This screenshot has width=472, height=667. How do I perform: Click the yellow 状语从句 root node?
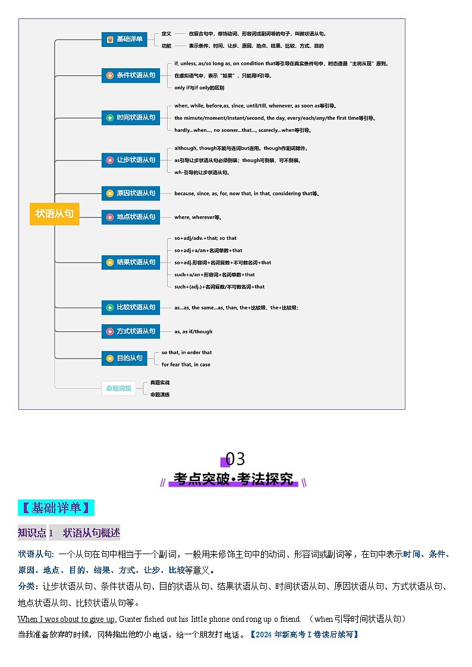click(54, 214)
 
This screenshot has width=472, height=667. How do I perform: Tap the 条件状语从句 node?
click(130, 75)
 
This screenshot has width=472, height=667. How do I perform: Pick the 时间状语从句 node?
click(130, 118)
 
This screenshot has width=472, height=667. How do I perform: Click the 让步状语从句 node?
click(130, 160)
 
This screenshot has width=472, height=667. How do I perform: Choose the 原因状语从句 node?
click(130, 193)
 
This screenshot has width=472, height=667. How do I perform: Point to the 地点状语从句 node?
click(130, 217)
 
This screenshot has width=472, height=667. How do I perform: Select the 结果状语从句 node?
click(130, 262)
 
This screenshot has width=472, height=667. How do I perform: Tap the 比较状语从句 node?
click(130, 307)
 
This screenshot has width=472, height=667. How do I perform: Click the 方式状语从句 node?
click(130, 331)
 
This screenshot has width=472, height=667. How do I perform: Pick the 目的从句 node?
click(124, 358)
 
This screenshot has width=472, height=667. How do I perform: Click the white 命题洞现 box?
click(118, 388)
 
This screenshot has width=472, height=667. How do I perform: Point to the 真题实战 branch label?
click(160, 383)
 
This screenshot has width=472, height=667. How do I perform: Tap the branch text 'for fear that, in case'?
click(186, 365)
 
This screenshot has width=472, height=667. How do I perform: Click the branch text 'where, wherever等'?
click(197, 217)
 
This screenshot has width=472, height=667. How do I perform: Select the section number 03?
click(235, 459)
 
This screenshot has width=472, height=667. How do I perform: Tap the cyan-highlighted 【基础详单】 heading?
click(56, 508)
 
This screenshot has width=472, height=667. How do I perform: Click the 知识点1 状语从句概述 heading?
click(69, 533)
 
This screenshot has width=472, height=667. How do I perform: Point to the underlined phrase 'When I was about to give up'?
click(66, 619)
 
